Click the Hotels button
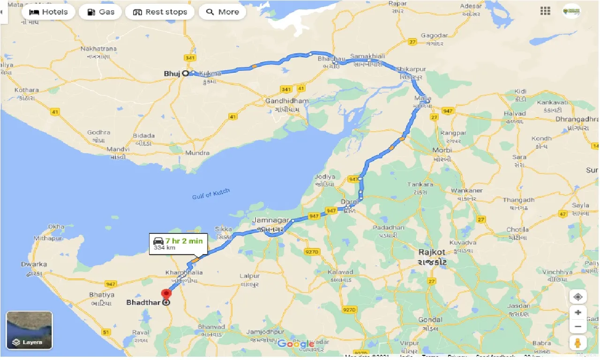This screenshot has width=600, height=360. (49, 12)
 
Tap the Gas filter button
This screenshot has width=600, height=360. (100, 12)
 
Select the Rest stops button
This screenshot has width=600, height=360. (160, 12)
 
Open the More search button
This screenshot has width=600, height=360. (223, 12)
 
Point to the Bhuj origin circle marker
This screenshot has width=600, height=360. (185, 73)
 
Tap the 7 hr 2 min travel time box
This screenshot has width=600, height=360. (178, 244)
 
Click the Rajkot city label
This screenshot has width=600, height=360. (432, 252)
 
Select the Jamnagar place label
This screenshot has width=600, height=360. (268, 220)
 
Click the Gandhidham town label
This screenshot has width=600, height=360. (287, 101)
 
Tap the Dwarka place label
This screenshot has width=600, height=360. (34, 264)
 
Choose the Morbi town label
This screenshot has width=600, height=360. (442, 150)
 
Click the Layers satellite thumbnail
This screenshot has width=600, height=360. (29, 330)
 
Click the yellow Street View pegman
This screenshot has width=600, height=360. (578, 342)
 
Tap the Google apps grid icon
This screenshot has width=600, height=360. (545, 11)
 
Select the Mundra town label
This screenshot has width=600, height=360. (197, 153)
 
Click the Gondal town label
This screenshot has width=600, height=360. (431, 320)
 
